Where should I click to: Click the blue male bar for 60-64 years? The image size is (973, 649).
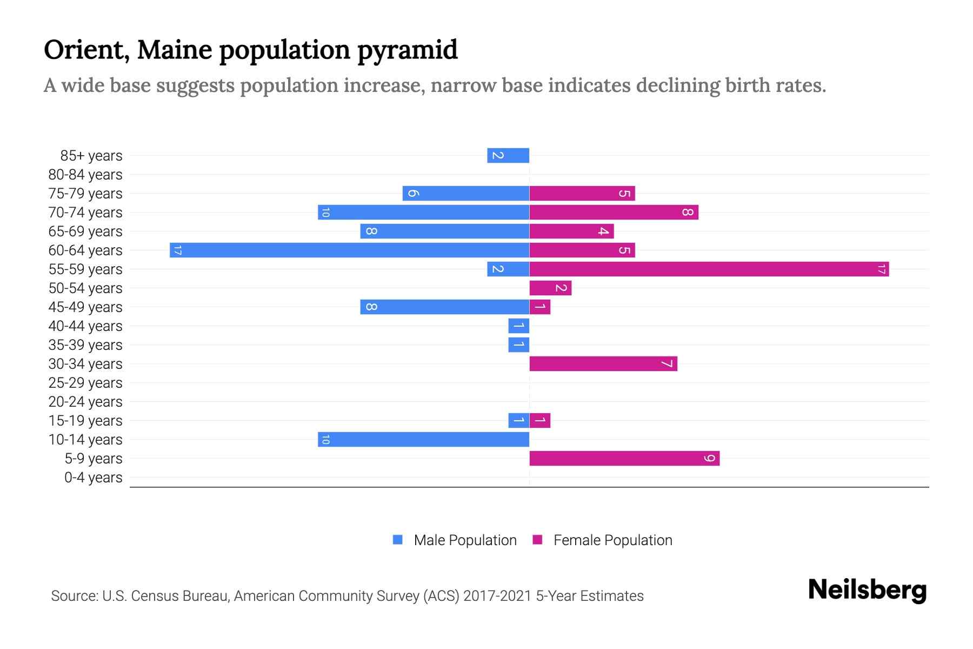click(349, 250)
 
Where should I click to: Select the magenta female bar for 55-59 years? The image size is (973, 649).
click(709, 269)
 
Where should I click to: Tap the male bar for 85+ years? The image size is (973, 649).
click(508, 155)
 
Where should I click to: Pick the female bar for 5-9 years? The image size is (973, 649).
click(624, 458)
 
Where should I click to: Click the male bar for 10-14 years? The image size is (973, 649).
click(423, 439)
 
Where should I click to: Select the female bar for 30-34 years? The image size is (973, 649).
click(603, 363)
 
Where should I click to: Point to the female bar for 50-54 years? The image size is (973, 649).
click(550, 288)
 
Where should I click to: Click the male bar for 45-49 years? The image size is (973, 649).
click(444, 307)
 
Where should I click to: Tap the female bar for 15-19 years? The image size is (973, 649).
click(540, 420)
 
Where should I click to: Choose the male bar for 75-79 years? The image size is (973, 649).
click(465, 193)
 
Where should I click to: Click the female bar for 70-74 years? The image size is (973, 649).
click(614, 212)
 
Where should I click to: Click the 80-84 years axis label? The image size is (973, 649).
click(85, 175)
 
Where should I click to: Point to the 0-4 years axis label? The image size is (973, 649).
click(93, 478)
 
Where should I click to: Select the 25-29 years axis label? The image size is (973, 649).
click(85, 383)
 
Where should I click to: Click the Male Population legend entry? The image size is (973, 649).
click(465, 540)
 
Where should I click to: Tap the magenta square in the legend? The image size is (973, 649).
click(537, 540)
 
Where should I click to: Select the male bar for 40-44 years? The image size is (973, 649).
click(518, 326)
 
